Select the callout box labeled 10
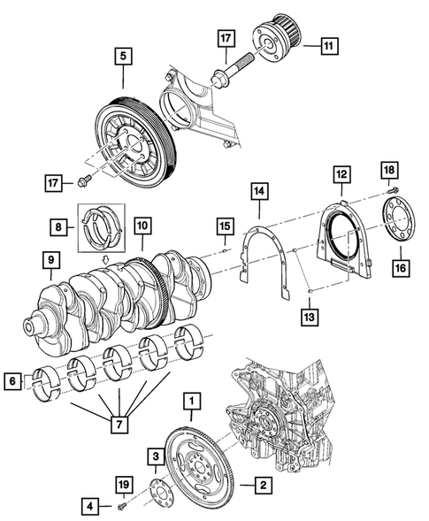point(141,226)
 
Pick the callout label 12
point(341,176)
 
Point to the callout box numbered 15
point(226,229)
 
